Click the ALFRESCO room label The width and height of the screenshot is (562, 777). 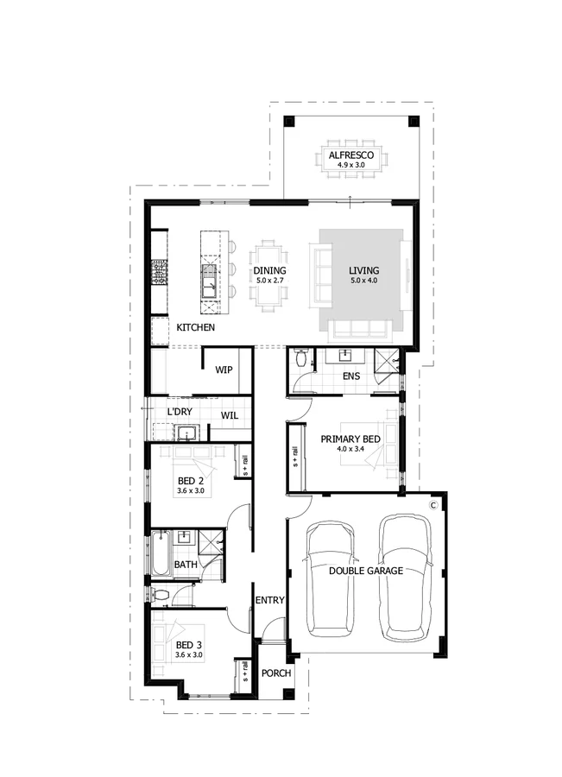[x=350, y=155]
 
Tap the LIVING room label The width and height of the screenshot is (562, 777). [x=363, y=270]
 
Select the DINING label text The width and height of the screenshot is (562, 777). [x=269, y=270]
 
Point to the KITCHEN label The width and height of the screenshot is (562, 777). [x=196, y=328]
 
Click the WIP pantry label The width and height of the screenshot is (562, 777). [x=224, y=370]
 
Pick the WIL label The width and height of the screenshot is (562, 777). [x=229, y=415]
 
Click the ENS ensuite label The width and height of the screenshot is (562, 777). [x=350, y=376]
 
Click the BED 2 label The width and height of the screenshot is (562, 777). [x=190, y=481]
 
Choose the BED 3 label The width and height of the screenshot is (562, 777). [x=188, y=645]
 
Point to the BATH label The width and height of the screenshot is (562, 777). [x=185, y=565]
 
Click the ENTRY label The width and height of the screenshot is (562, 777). [x=269, y=600]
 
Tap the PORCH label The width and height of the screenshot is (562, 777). [x=275, y=673]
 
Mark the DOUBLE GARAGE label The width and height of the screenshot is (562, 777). [x=366, y=571]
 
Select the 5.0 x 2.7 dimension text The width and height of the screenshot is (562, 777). [x=269, y=281]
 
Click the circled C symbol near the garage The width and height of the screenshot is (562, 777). [x=434, y=502]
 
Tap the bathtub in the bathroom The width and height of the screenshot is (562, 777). [x=160, y=555]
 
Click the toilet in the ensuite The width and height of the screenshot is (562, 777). [x=300, y=358]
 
